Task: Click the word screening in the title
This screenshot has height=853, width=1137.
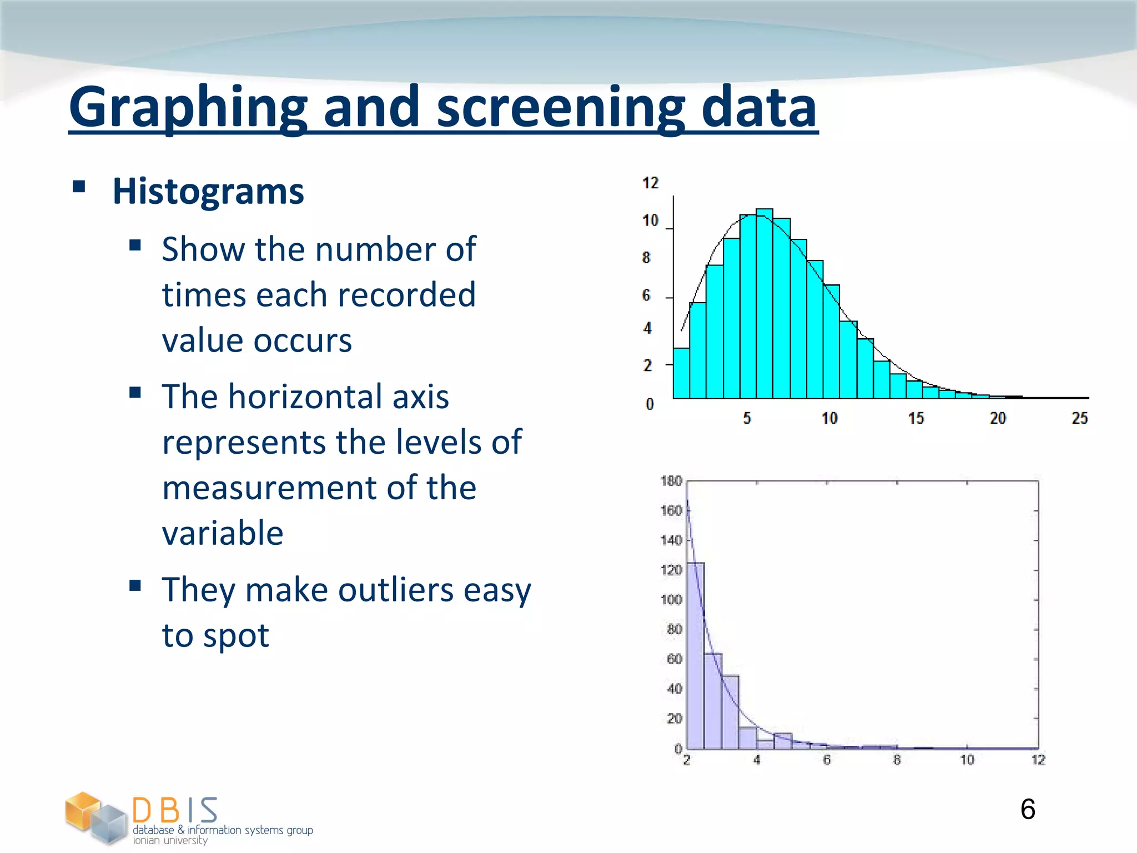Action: click(561, 107)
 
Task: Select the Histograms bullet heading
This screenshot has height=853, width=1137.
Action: click(208, 191)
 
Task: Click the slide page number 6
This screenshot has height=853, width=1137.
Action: click(1028, 809)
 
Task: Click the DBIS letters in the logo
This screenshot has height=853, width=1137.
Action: click(175, 810)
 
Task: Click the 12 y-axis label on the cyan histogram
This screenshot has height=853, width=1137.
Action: click(650, 183)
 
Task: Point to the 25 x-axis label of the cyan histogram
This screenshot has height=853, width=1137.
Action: click(1079, 418)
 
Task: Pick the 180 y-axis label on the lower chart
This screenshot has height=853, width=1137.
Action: click(671, 481)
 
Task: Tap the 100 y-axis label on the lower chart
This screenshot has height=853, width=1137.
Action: click(671, 600)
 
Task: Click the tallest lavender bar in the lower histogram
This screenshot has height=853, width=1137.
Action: click(696, 655)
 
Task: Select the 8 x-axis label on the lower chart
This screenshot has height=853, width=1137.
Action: click(897, 760)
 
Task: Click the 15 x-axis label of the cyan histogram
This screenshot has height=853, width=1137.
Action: click(915, 418)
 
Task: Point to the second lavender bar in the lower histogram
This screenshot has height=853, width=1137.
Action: click(713, 701)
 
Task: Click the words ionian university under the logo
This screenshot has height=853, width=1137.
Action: click(170, 841)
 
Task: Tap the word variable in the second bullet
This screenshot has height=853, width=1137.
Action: click(223, 533)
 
